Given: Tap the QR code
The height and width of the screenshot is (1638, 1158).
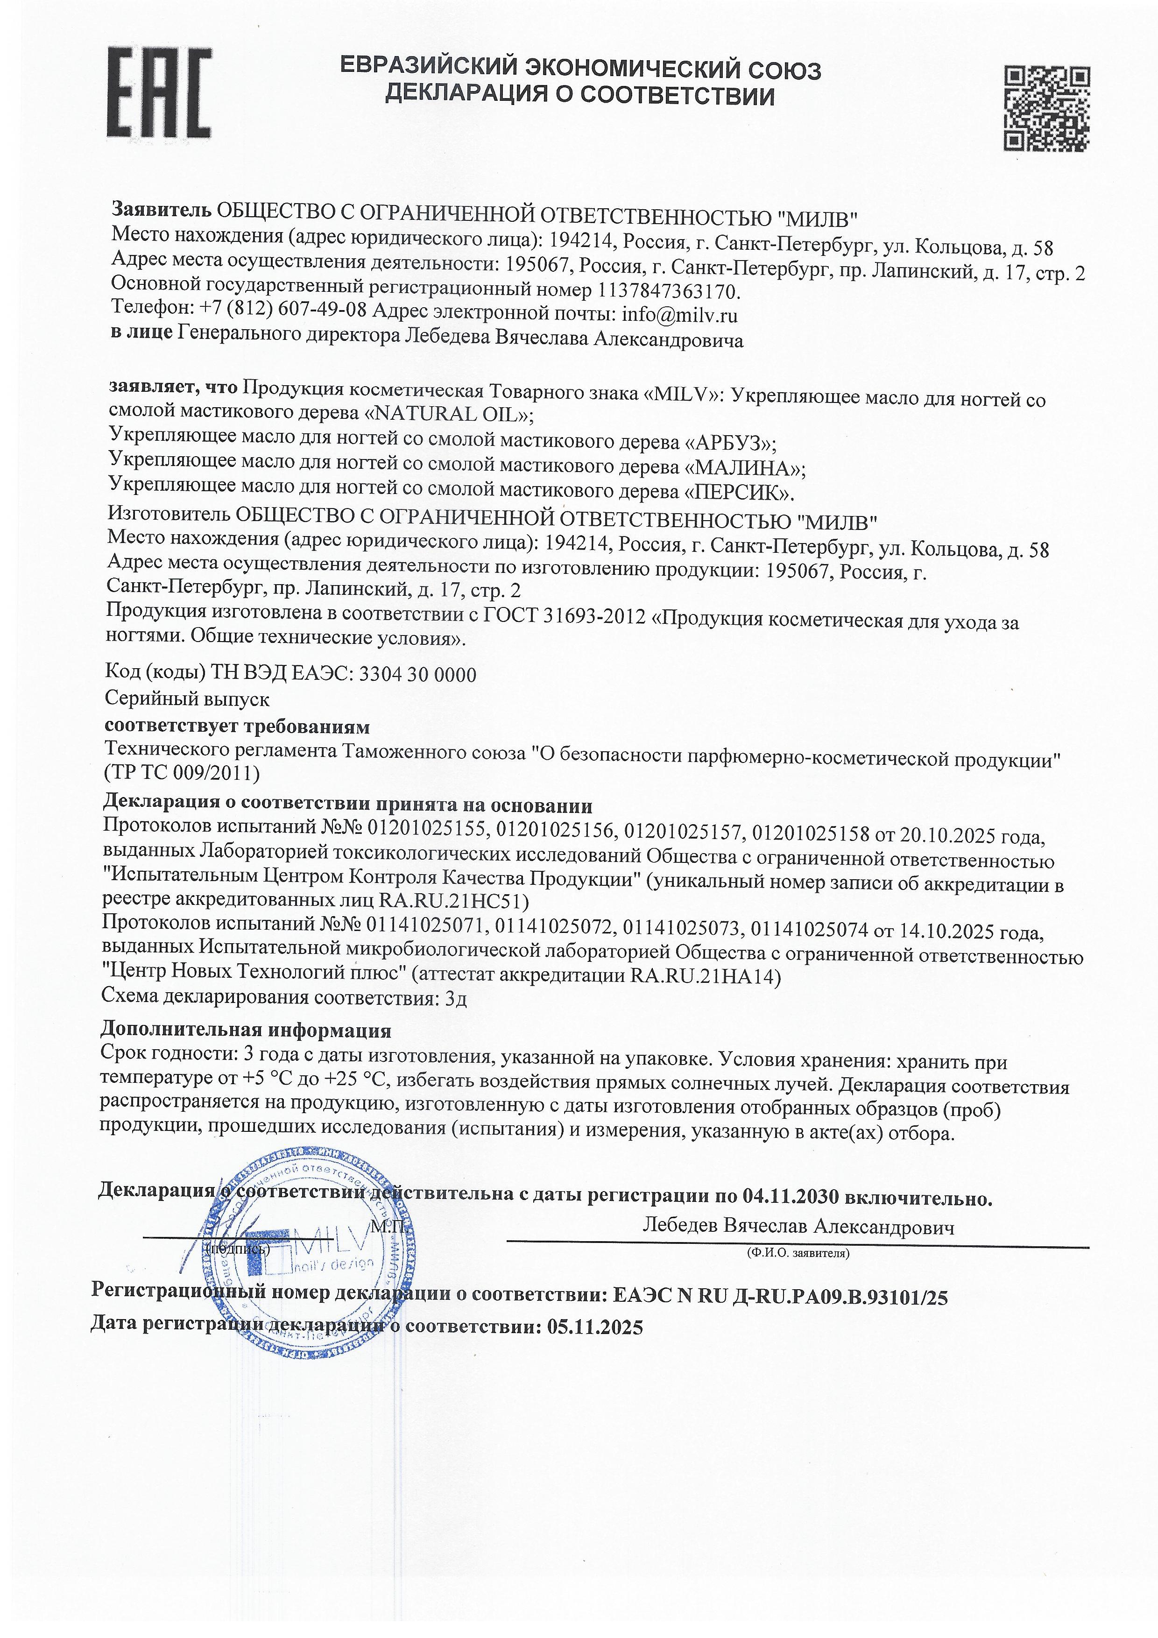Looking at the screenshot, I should [x=1047, y=108].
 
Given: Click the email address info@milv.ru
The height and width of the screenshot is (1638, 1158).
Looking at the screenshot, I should [x=680, y=315].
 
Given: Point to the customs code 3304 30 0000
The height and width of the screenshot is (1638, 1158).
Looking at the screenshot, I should [x=418, y=674].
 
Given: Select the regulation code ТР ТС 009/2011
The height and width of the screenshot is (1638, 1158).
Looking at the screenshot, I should [x=183, y=773].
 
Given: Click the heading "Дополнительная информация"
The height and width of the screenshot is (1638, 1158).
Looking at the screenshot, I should [x=246, y=1030].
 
